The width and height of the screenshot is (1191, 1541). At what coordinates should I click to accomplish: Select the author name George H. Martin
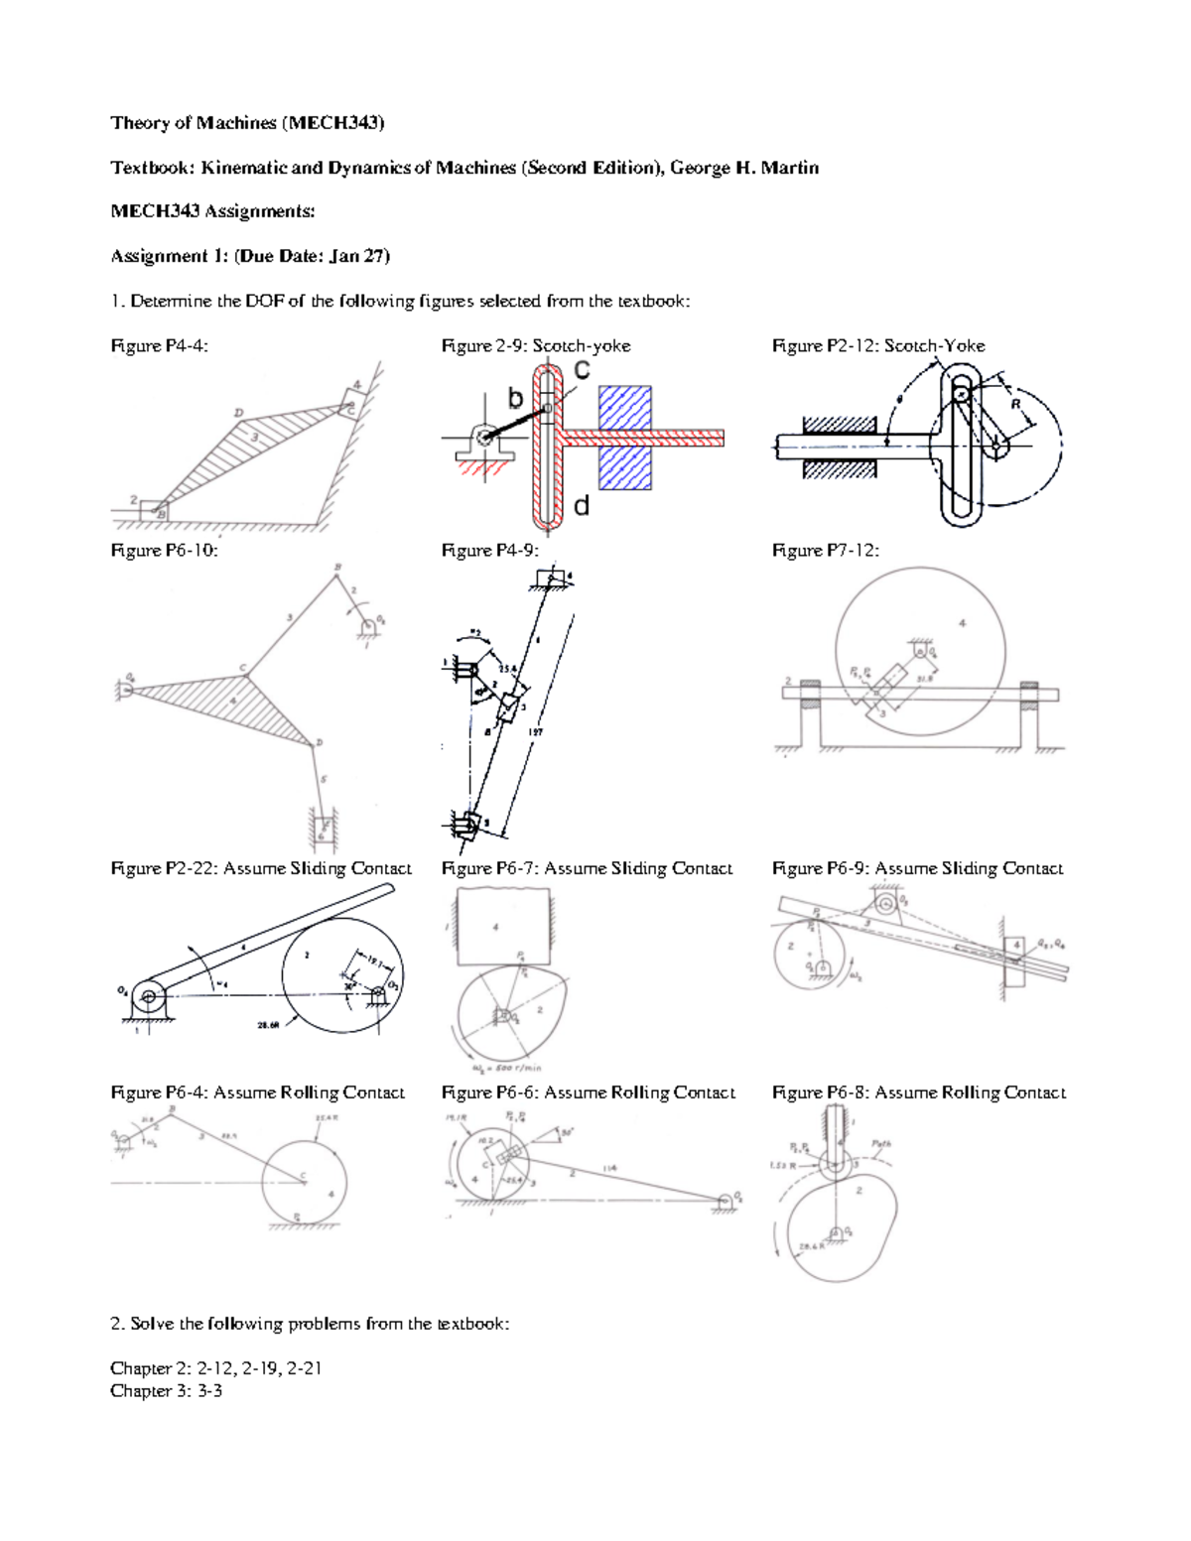pyautogui.click(x=744, y=168)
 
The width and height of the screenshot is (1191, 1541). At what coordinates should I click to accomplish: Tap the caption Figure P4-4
pyautogui.click(x=159, y=345)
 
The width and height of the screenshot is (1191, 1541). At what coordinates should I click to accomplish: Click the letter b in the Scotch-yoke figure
pyautogui.click(x=515, y=399)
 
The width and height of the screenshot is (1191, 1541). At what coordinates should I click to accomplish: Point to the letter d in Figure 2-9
pyautogui.click(x=582, y=506)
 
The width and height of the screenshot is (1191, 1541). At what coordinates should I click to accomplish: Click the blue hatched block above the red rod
pyautogui.click(x=624, y=408)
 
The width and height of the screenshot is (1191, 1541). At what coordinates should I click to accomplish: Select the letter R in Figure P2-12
pyautogui.click(x=1015, y=404)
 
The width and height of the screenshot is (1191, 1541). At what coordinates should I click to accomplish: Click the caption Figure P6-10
pyautogui.click(x=164, y=550)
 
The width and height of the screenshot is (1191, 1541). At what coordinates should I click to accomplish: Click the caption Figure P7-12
pyautogui.click(x=825, y=550)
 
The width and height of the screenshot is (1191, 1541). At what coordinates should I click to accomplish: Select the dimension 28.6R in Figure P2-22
pyautogui.click(x=269, y=1025)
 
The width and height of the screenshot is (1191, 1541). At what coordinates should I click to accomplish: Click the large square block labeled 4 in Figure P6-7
pyautogui.click(x=501, y=927)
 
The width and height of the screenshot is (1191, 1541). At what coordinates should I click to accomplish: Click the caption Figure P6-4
pyautogui.click(x=159, y=1092)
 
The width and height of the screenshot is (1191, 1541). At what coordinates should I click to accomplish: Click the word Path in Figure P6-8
pyautogui.click(x=881, y=1144)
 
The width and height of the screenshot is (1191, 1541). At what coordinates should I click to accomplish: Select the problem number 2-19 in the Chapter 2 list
pyautogui.click(x=260, y=1368)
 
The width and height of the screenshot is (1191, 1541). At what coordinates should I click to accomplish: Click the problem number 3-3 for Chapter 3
pyautogui.click(x=209, y=1391)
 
